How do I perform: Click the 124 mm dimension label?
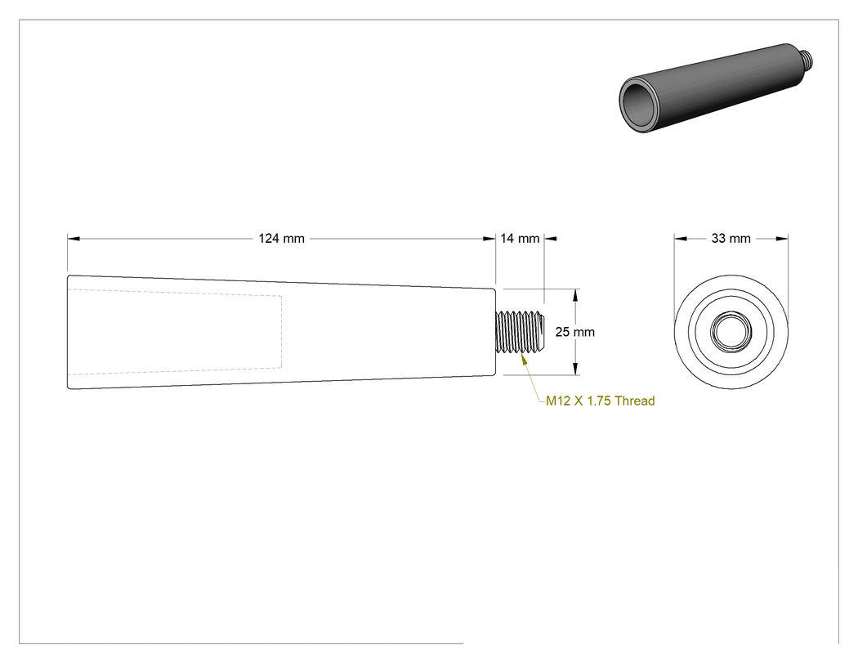[x=281, y=239]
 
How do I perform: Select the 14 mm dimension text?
[x=520, y=239]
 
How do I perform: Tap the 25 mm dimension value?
[x=574, y=332]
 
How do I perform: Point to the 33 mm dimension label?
[x=731, y=239]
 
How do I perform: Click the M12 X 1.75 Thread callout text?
[x=601, y=401]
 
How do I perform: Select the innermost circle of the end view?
[x=731, y=331]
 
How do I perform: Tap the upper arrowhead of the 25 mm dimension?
[x=575, y=295]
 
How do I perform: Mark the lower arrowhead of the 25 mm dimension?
[x=575, y=369]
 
